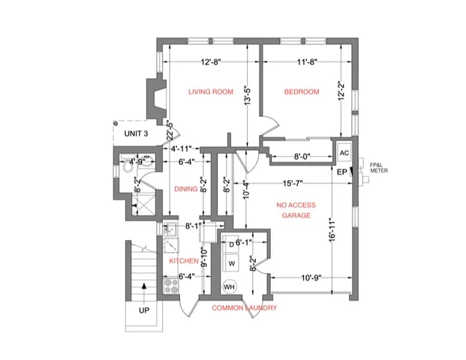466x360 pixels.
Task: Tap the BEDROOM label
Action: pos(301,91)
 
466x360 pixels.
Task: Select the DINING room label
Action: pos(185,190)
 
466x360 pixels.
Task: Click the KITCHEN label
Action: pos(183,261)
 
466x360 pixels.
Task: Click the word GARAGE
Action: pos(296,214)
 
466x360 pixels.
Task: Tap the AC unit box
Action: pos(344,152)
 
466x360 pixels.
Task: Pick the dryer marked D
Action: pos(231,245)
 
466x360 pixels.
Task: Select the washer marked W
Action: pos(231,264)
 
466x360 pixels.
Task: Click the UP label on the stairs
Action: pos(143,309)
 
